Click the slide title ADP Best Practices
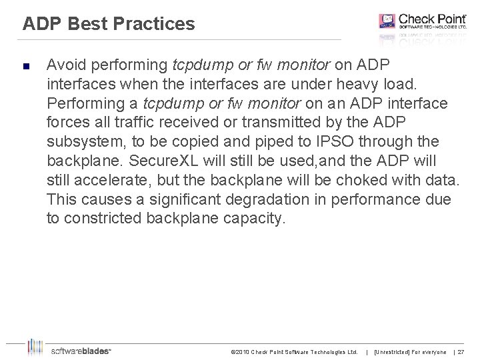[109, 25]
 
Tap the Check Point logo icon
[387, 21]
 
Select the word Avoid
[65, 65]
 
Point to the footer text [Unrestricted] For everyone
[410, 351]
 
